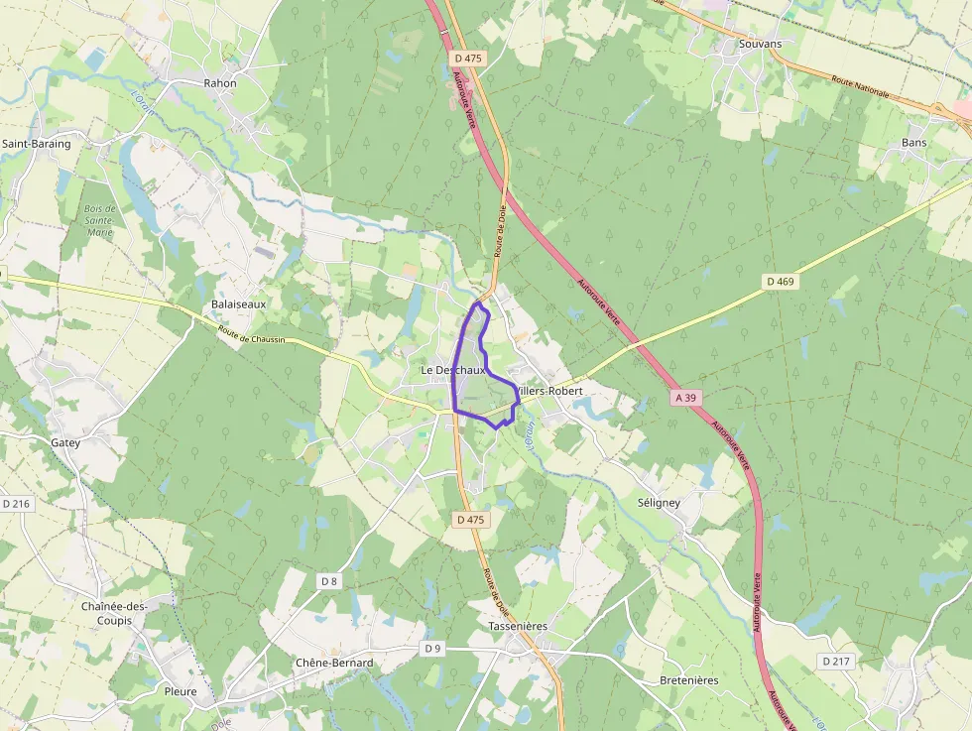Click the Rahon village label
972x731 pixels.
pos(220,83)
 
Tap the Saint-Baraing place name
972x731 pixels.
pos(37,144)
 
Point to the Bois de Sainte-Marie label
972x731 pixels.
pos(99,221)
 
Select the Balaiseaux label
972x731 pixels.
pos(238,304)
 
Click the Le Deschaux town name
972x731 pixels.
pos(452,370)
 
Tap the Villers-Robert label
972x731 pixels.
pos(550,391)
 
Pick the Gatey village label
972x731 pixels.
pos(65,442)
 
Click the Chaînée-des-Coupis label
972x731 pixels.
pos(115,613)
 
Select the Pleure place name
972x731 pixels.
pos(181,691)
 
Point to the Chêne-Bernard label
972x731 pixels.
pos(334,663)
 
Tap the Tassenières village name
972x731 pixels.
pos(518,627)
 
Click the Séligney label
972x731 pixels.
pos(659,503)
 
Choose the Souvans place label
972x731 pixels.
pos(760,44)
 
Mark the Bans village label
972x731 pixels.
pos(913,143)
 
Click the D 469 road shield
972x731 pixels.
pos(781,282)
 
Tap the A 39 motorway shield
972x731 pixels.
pos(685,397)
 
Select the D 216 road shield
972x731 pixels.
pos(16,504)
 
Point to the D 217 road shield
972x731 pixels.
pos(837,661)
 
